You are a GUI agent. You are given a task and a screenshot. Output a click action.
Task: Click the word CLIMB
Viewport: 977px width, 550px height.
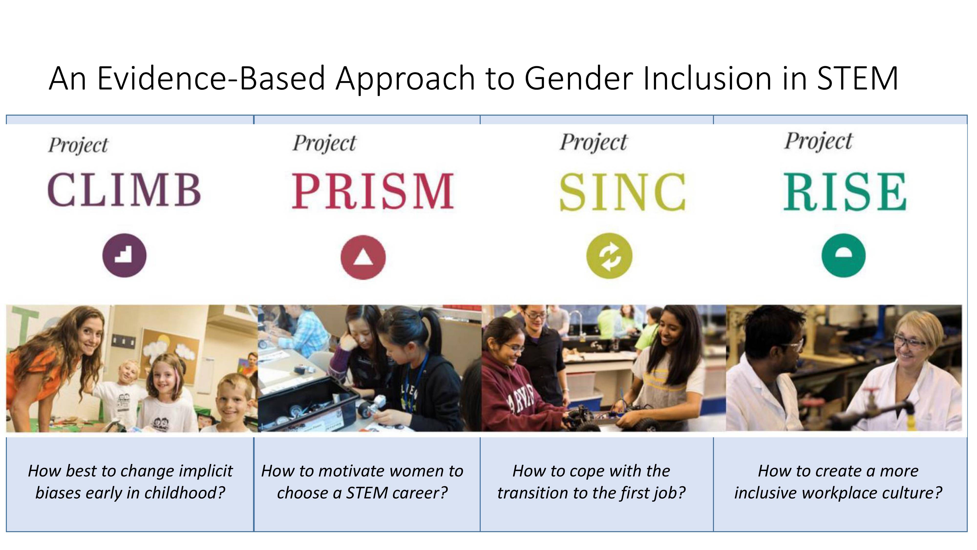[124, 189]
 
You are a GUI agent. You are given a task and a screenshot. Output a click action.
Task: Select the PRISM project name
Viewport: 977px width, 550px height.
[373, 191]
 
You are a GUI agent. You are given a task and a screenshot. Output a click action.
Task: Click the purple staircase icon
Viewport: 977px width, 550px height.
[124, 255]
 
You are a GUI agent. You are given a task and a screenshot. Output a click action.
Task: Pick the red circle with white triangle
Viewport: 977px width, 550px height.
[363, 257]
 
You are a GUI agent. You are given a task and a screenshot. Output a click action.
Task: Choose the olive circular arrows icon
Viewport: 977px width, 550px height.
[609, 256]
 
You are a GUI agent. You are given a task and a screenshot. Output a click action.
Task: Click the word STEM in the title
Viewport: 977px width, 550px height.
[857, 78]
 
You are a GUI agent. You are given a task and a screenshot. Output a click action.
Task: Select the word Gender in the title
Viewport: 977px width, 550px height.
[578, 78]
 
